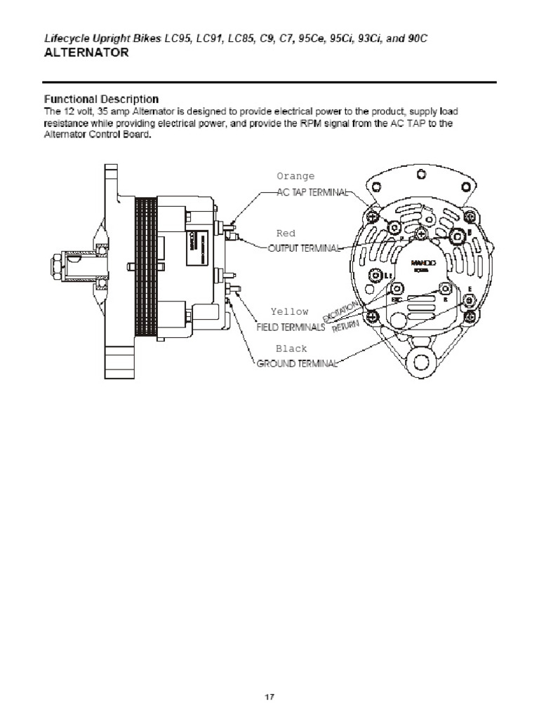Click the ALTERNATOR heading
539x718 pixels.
pos(86,53)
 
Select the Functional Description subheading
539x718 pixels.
pos(101,99)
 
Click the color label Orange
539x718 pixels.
pos(295,176)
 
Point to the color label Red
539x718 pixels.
pos(286,233)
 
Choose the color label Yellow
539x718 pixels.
pos(289,311)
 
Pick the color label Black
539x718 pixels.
pos(291,348)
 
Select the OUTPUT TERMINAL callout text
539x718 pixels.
pos(305,248)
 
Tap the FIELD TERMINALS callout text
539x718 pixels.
pos(290,327)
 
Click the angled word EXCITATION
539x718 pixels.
pos(344,310)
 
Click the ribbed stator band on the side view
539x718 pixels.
pos(145,266)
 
